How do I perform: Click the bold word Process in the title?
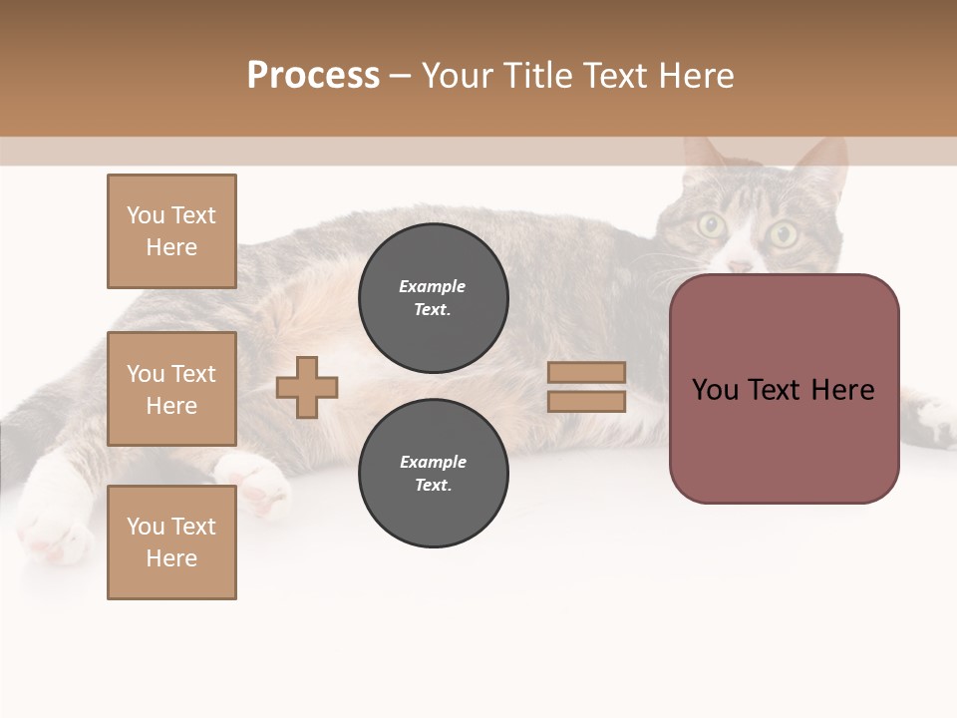pyautogui.click(x=313, y=76)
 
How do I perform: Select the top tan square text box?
pyautogui.click(x=171, y=231)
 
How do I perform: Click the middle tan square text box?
pyautogui.click(x=171, y=389)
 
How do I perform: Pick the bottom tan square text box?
pyautogui.click(x=171, y=542)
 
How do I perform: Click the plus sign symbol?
pyautogui.click(x=307, y=387)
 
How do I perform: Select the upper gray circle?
pyautogui.click(x=433, y=297)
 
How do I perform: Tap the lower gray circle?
pyautogui.click(x=433, y=473)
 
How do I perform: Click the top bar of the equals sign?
pyautogui.click(x=586, y=372)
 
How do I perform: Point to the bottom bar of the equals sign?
pyautogui.click(x=586, y=401)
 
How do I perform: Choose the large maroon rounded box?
pyautogui.click(x=784, y=439)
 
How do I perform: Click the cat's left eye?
pyautogui.click(x=711, y=225)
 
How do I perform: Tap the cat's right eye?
pyautogui.click(x=783, y=234)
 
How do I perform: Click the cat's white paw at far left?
pyautogui.click(x=50, y=529)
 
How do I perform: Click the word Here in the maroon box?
pyautogui.click(x=842, y=390)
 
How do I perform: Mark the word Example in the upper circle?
pyautogui.click(x=433, y=286)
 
